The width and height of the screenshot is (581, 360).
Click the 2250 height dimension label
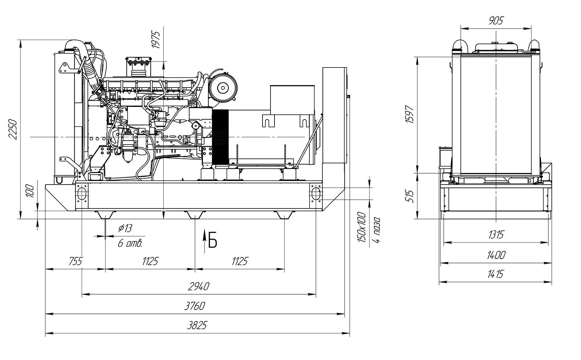pyautogui.click(x=13, y=129)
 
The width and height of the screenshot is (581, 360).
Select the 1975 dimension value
pyautogui.click(x=156, y=40)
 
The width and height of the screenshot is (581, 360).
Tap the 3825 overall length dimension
pyautogui.click(x=197, y=325)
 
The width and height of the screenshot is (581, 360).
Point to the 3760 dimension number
pyautogui.click(x=195, y=306)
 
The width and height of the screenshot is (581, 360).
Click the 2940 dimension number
pyautogui.click(x=198, y=287)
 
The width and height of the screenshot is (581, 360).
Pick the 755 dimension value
pyautogui.click(x=76, y=261)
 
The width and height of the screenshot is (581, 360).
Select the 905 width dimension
pyautogui.click(x=496, y=21)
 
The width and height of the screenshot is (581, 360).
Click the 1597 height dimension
pyautogui.click(x=410, y=114)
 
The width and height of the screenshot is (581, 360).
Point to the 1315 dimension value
pyautogui.click(x=496, y=235)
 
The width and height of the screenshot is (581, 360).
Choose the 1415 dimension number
pyautogui.click(x=495, y=274)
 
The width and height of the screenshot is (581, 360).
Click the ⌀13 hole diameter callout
pyautogui.click(x=125, y=228)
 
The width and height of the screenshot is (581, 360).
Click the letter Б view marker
pyautogui.click(x=212, y=240)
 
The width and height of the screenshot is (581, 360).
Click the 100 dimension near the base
pyautogui.click(x=31, y=191)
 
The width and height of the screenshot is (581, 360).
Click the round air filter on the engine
pyautogui.click(x=223, y=88)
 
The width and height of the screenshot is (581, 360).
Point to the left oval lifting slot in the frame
pyautogui.click(x=82, y=193)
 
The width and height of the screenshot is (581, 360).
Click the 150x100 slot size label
pyautogui.click(x=362, y=227)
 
